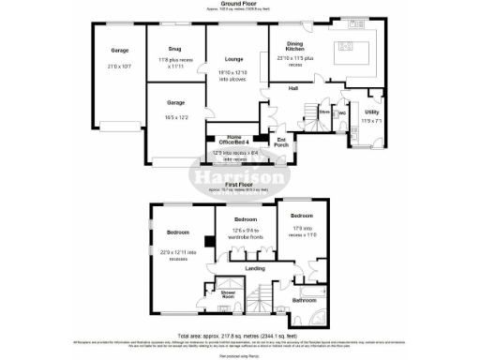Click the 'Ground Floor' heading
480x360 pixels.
pos(239,4)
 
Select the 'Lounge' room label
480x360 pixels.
pos(233,58)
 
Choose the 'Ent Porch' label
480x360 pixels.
pos(280,141)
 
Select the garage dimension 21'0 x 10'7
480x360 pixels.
pos(118,67)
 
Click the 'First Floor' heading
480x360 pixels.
pos(239,187)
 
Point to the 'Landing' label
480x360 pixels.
pos(254,269)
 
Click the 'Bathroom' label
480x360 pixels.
pos(303,300)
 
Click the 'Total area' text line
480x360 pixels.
pos(239,337)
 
